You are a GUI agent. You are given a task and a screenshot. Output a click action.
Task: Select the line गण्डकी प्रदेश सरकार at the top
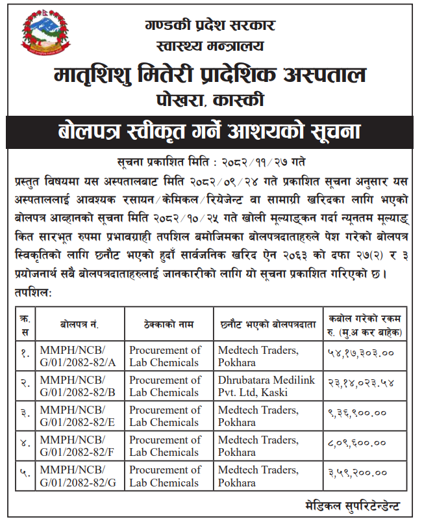[x=210, y=26]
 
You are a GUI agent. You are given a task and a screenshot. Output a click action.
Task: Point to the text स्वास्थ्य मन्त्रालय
[x=210, y=47]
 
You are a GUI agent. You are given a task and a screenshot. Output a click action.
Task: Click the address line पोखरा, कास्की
[x=210, y=100]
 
